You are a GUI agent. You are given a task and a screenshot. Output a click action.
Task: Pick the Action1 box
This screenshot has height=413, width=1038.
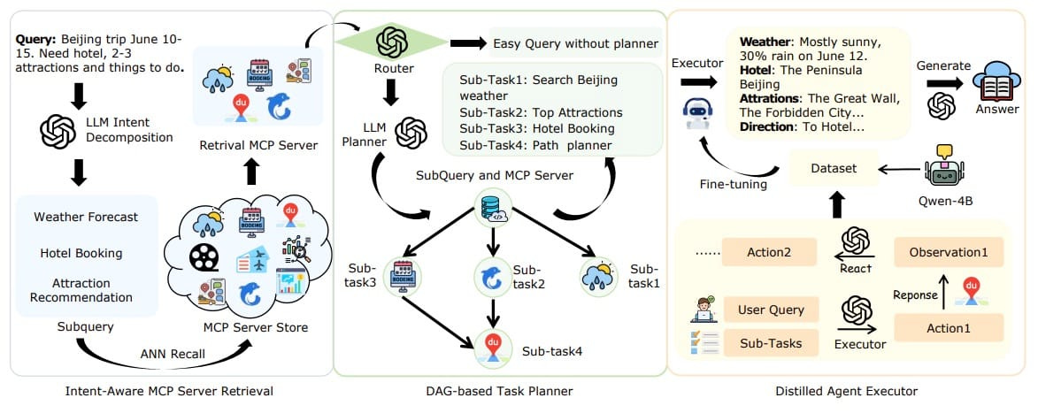[x=948, y=327]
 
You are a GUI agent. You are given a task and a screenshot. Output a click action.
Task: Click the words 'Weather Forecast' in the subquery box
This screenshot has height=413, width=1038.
[x=85, y=217]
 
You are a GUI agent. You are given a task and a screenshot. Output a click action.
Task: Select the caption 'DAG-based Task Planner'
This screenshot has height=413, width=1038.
[x=498, y=390]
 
